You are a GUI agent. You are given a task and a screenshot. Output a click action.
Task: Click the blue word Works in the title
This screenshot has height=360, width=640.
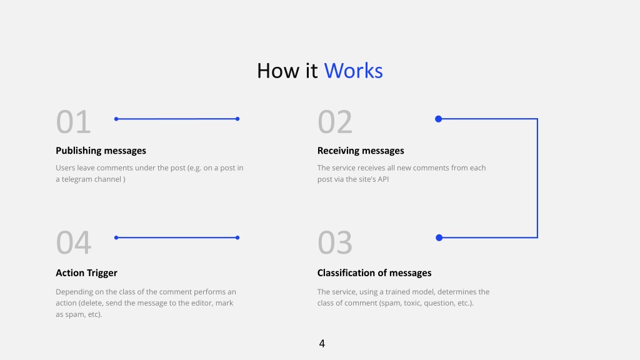click(354, 71)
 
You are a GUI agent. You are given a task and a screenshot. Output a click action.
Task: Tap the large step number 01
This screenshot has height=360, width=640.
click(74, 122)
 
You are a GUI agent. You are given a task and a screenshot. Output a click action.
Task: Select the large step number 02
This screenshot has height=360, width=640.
click(335, 122)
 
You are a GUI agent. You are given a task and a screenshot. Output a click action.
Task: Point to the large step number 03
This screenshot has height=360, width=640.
click(335, 242)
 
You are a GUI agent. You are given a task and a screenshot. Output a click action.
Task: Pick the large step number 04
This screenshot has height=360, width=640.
click(74, 242)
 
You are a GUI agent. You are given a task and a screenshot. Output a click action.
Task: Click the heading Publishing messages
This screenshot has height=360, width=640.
click(101, 151)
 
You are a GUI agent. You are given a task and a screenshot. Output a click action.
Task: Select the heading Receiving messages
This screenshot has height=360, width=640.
click(361, 151)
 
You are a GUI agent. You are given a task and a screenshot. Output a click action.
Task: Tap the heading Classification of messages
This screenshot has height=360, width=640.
click(374, 272)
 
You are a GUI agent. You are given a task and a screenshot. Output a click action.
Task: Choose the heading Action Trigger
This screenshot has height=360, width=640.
click(86, 272)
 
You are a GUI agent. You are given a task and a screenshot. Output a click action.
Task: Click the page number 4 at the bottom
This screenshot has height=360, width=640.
click(322, 344)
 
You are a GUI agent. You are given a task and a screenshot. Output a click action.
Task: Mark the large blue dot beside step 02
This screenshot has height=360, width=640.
click(438, 119)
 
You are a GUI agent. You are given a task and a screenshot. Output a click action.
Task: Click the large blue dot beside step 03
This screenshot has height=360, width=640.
click(439, 237)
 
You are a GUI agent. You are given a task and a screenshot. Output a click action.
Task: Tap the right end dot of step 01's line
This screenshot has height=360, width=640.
click(237, 119)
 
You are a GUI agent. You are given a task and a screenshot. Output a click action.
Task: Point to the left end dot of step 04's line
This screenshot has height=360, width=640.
click(116, 237)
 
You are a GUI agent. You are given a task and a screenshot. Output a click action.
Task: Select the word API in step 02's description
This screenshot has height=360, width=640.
click(383, 179)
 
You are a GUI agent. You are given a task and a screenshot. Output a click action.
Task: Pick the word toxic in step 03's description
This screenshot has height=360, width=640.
click(412, 303)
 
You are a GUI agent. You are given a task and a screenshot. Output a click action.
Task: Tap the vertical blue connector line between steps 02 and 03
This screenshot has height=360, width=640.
click(537, 178)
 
